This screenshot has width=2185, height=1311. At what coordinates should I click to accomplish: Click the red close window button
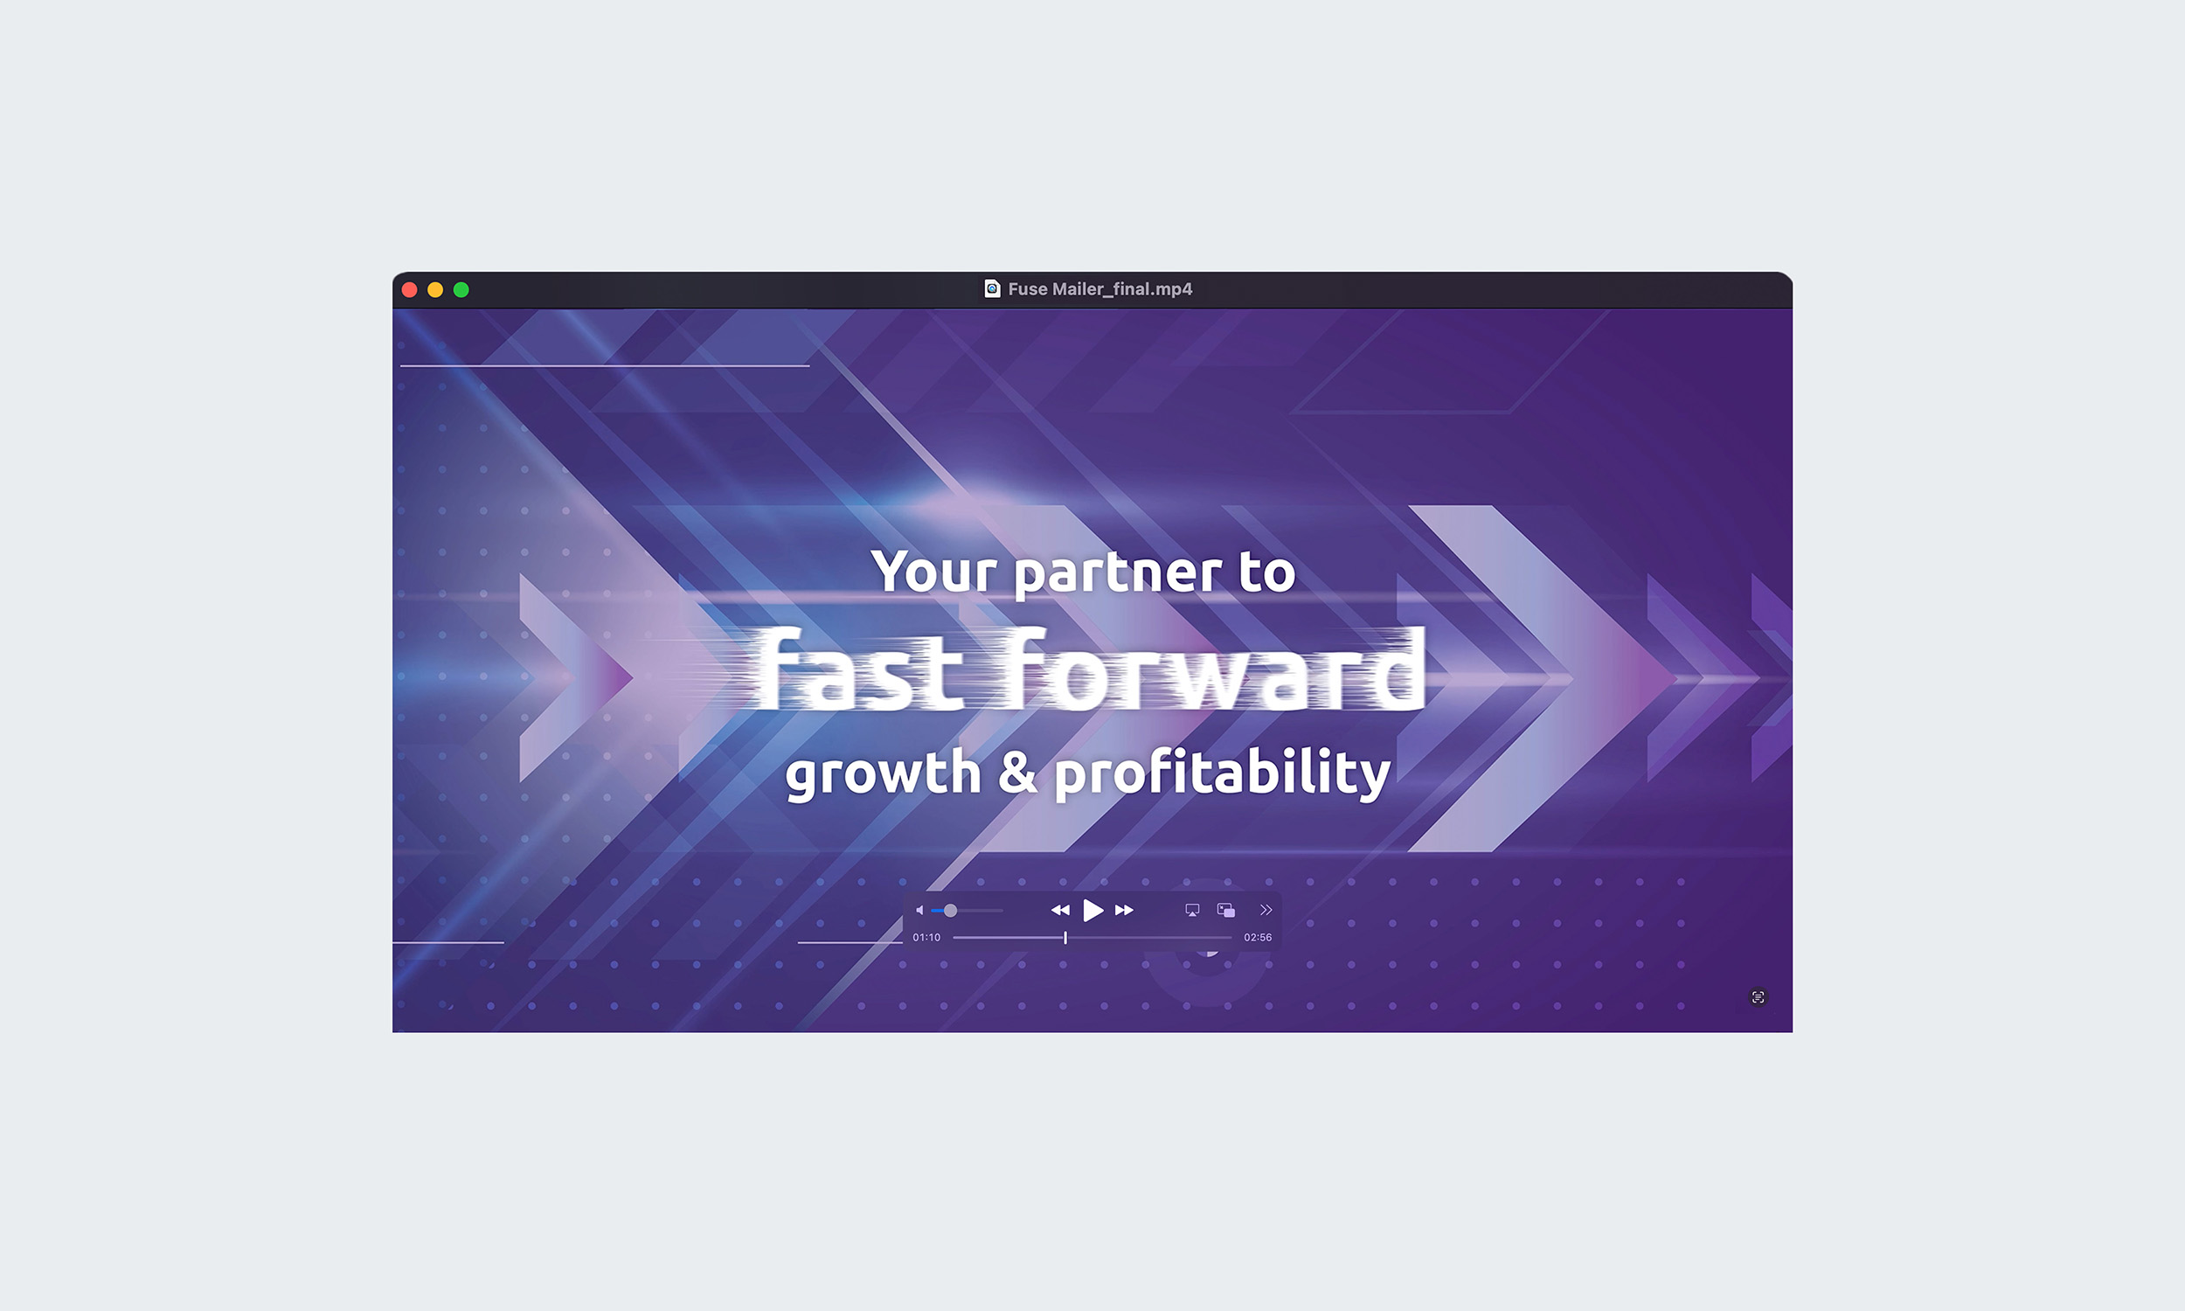click(x=410, y=290)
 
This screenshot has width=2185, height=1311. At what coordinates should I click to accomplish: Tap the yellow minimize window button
click(x=435, y=290)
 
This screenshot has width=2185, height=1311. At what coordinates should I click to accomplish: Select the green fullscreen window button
click(x=461, y=290)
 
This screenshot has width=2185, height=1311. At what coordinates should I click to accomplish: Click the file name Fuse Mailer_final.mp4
click(x=1099, y=289)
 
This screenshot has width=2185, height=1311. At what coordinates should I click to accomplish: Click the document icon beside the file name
click(x=992, y=289)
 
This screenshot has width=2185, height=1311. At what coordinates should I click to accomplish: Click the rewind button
click(x=1060, y=910)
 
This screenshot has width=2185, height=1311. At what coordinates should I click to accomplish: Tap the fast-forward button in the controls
click(x=1124, y=910)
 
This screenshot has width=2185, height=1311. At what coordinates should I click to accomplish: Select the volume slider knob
click(x=950, y=910)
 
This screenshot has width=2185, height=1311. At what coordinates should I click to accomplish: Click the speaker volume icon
click(x=919, y=910)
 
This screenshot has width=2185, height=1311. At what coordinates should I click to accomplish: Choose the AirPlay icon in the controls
click(x=1192, y=910)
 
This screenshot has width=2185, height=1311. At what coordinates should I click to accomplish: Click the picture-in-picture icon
click(x=1226, y=910)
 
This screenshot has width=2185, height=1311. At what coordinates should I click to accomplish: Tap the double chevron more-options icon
click(x=1266, y=910)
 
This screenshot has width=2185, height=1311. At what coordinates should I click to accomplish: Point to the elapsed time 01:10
click(x=926, y=937)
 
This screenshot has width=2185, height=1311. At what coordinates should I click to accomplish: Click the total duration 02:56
click(x=1258, y=937)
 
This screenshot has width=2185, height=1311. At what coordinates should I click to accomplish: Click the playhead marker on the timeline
click(x=1065, y=937)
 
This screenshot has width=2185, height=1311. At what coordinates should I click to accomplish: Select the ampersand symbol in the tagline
click(x=1017, y=770)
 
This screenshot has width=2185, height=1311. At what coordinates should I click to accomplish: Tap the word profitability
click(x=1223, y=773)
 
